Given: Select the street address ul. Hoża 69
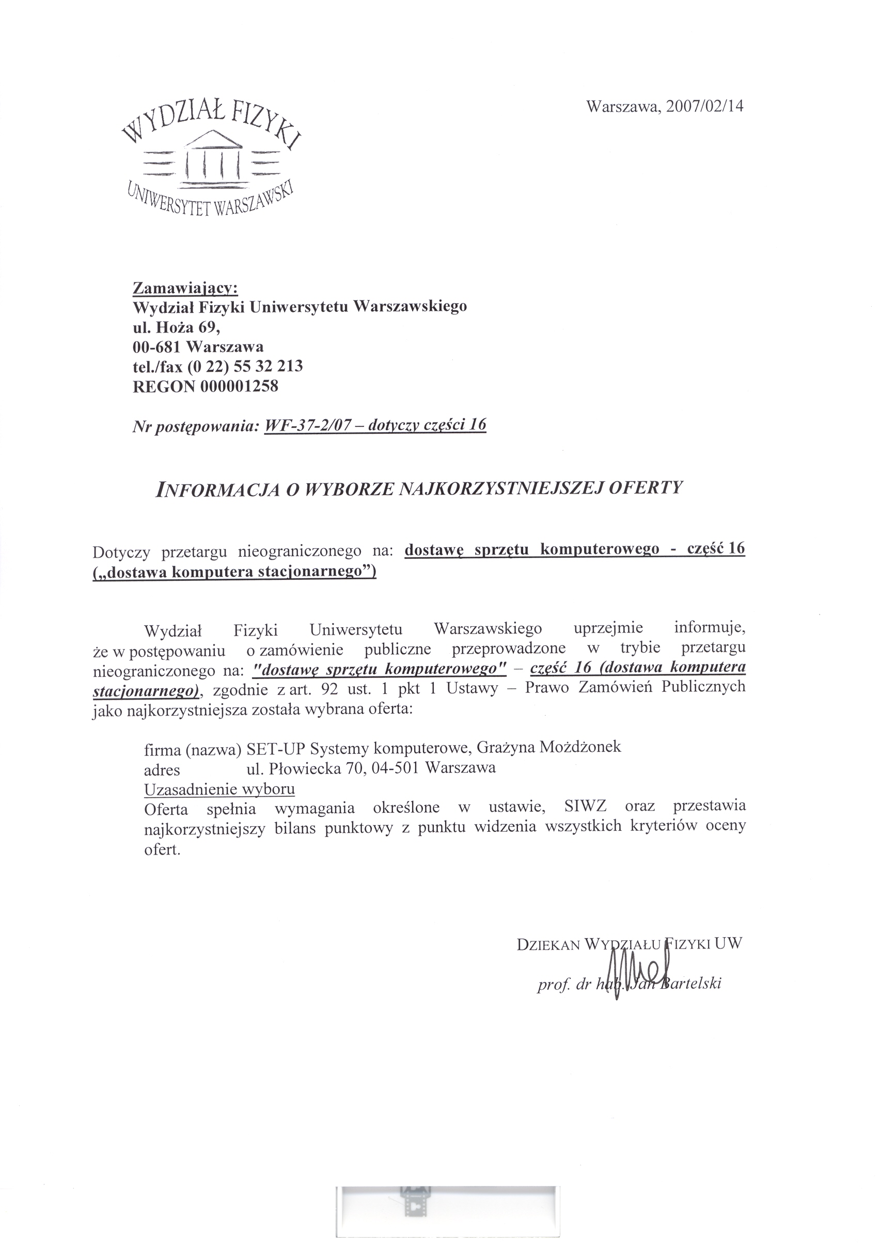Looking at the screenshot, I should (177, 327).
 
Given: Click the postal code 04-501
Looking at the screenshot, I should (396, 768).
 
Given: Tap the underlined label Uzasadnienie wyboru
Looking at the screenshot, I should (219, 789).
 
